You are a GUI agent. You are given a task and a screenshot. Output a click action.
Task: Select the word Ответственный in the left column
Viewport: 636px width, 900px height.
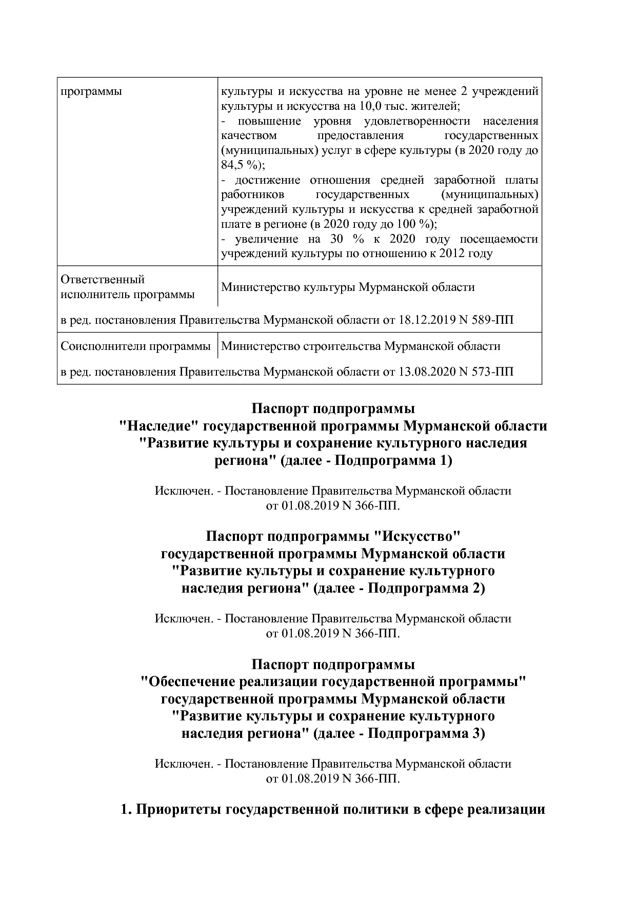tap(103, 280)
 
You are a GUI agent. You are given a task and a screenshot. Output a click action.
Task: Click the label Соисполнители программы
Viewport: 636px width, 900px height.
tap(135, 346)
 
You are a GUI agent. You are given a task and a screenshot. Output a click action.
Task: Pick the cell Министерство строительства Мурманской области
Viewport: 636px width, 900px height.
tap(361, 346)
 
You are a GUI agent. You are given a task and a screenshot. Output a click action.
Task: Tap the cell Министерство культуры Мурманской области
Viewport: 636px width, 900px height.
tap(348, 287)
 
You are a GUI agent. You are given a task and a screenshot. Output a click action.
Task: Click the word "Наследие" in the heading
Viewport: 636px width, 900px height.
tap(159, 426)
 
